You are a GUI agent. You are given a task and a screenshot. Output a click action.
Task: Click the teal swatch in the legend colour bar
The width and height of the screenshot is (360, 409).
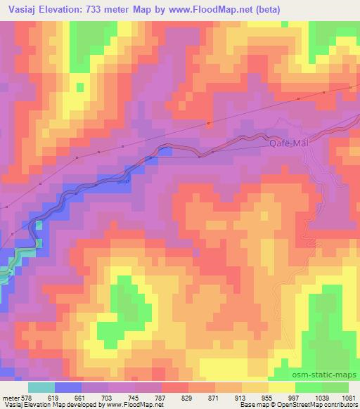click(x=41, y=387)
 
